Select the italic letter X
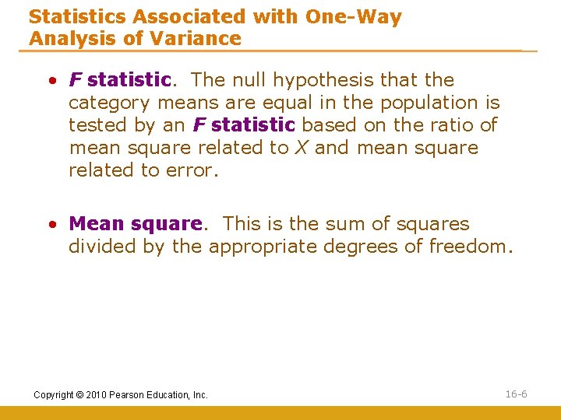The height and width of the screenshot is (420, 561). (300, 148)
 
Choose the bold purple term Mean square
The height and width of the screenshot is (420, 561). (136, 224)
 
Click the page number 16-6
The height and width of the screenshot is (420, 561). (516, 394)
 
